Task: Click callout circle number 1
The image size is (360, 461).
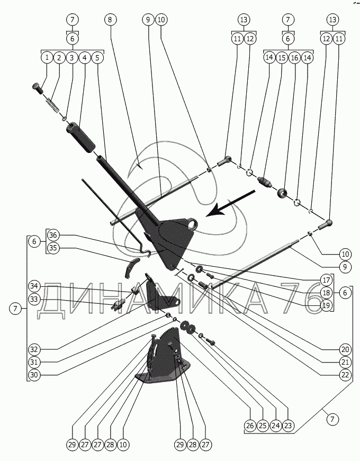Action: pyautogui.click(x=47, y=57)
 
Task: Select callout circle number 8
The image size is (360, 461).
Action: pyautogui.click(x=110, y=20)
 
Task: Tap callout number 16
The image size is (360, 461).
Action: pyautogui.click(x=294, y=58)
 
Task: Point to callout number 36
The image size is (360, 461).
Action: pyautogui.click(x=53, y=235)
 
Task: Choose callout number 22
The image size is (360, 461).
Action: pyautogui.click(x=345, y=375)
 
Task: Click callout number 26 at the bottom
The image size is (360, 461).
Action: pyautogui.click(x=250, y=426)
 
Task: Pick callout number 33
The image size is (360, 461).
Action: pyautogui.click(x=34, y=299)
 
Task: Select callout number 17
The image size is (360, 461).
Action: pyautogui.click(x=326, y=280)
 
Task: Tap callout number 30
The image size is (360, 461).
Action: pyautogui.click(x=34, y=375)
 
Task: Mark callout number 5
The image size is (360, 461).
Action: pyautogui.click(x=97, y=57)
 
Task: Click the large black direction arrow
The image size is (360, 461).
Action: pyautogui.click(x=230, y=203)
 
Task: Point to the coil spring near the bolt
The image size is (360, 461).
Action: pyautogui.click(x=52, y=105)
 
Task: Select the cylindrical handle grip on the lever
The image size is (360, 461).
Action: pyautogui.click(x=81, y=138)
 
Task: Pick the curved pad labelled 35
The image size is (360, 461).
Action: pyautogui.click(x=130, y=267)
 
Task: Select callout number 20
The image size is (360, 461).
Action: pyautogui.click(x=345, y=349)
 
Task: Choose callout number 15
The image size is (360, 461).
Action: pyautogui.click(x=282, y=58)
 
